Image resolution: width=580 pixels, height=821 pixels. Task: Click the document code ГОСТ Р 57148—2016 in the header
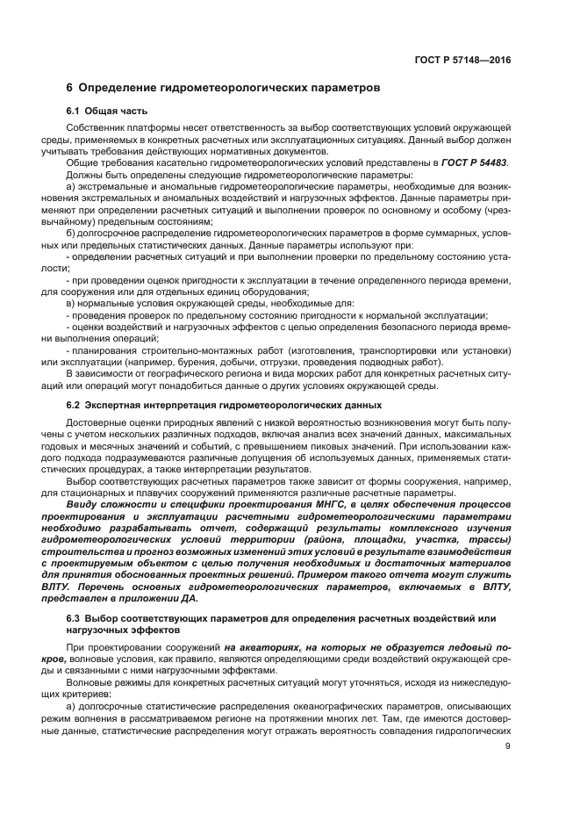[x=463, y=60]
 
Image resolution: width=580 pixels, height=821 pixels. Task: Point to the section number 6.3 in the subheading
[x=75, y=618]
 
